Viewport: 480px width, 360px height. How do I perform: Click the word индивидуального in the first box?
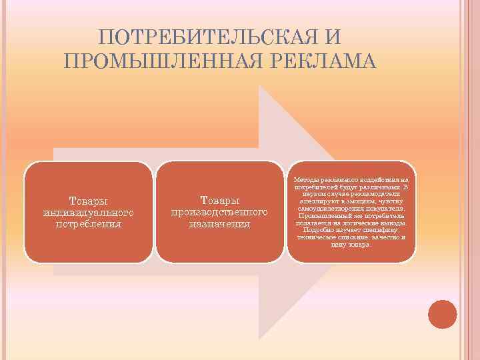tap(88, 212)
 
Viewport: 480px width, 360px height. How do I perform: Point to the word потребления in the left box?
tap(88, 223)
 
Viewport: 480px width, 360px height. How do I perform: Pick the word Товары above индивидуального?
tap(88, 201)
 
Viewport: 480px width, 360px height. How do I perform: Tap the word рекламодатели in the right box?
tap(369, 194)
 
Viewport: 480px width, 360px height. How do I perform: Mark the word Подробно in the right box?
tap(313, 231)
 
